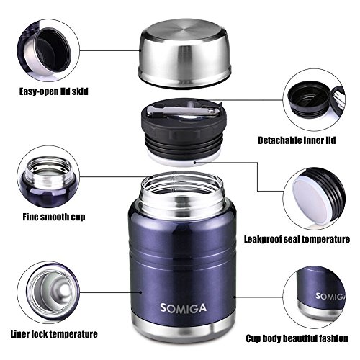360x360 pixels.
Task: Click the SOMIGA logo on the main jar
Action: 183,308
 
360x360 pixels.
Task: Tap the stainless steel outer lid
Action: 184,53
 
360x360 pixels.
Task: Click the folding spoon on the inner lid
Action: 184,110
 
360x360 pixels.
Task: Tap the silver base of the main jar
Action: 184,329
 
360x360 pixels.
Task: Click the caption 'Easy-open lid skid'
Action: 54,91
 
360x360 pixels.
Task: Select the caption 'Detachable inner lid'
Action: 297,140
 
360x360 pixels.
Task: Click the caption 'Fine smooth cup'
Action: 54,217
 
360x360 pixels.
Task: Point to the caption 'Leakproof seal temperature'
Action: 297,239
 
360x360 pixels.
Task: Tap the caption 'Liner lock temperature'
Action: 54,334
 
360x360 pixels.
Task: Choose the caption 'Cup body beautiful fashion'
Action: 297,338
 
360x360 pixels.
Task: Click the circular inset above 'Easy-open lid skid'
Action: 48,50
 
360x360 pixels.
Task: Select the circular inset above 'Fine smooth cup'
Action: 48,176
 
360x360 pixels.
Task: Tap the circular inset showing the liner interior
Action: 48,292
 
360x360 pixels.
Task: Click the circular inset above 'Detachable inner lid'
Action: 314,100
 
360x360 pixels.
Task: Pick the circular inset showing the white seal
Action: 314,199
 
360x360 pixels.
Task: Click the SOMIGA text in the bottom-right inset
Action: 330,297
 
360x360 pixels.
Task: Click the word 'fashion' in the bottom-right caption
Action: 333,338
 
